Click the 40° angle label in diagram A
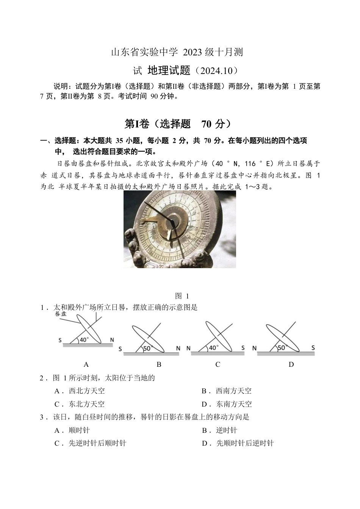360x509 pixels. tap(84, 339)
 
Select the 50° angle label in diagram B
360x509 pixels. tap(147, 348)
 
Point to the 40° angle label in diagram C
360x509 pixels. tap(213, 347)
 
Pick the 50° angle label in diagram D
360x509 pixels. tap(281, 347)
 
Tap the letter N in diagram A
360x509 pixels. tap(112, 340)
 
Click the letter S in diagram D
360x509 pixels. tap(313, 347)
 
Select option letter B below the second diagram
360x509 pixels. tap(159, 364)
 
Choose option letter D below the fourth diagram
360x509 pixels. tap(291, 364)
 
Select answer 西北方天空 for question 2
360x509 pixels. tap(87, 391)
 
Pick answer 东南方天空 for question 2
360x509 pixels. tap(234, 404)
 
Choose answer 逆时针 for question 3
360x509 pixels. tap(227, 430)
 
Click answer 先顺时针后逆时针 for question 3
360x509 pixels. tap(245, 443)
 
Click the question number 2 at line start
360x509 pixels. tap(42, 378)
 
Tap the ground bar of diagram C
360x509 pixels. tap(218, 353)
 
